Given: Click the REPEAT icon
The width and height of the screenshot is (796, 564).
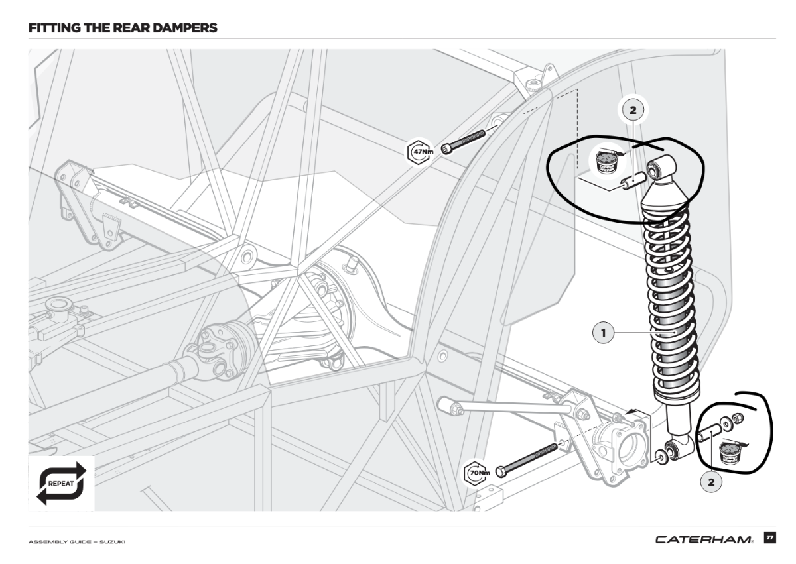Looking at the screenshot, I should tap(62, 482).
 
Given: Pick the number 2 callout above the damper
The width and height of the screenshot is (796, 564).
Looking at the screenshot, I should tap(632, 111).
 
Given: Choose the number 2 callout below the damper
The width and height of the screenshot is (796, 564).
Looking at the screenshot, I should tap(710, 482).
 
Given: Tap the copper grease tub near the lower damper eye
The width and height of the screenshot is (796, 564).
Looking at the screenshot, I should tap(731, 454).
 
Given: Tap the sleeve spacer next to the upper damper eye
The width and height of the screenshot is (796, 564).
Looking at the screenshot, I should tap(632, 180).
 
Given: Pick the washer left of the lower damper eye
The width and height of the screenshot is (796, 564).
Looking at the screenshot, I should tap(661, 457).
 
